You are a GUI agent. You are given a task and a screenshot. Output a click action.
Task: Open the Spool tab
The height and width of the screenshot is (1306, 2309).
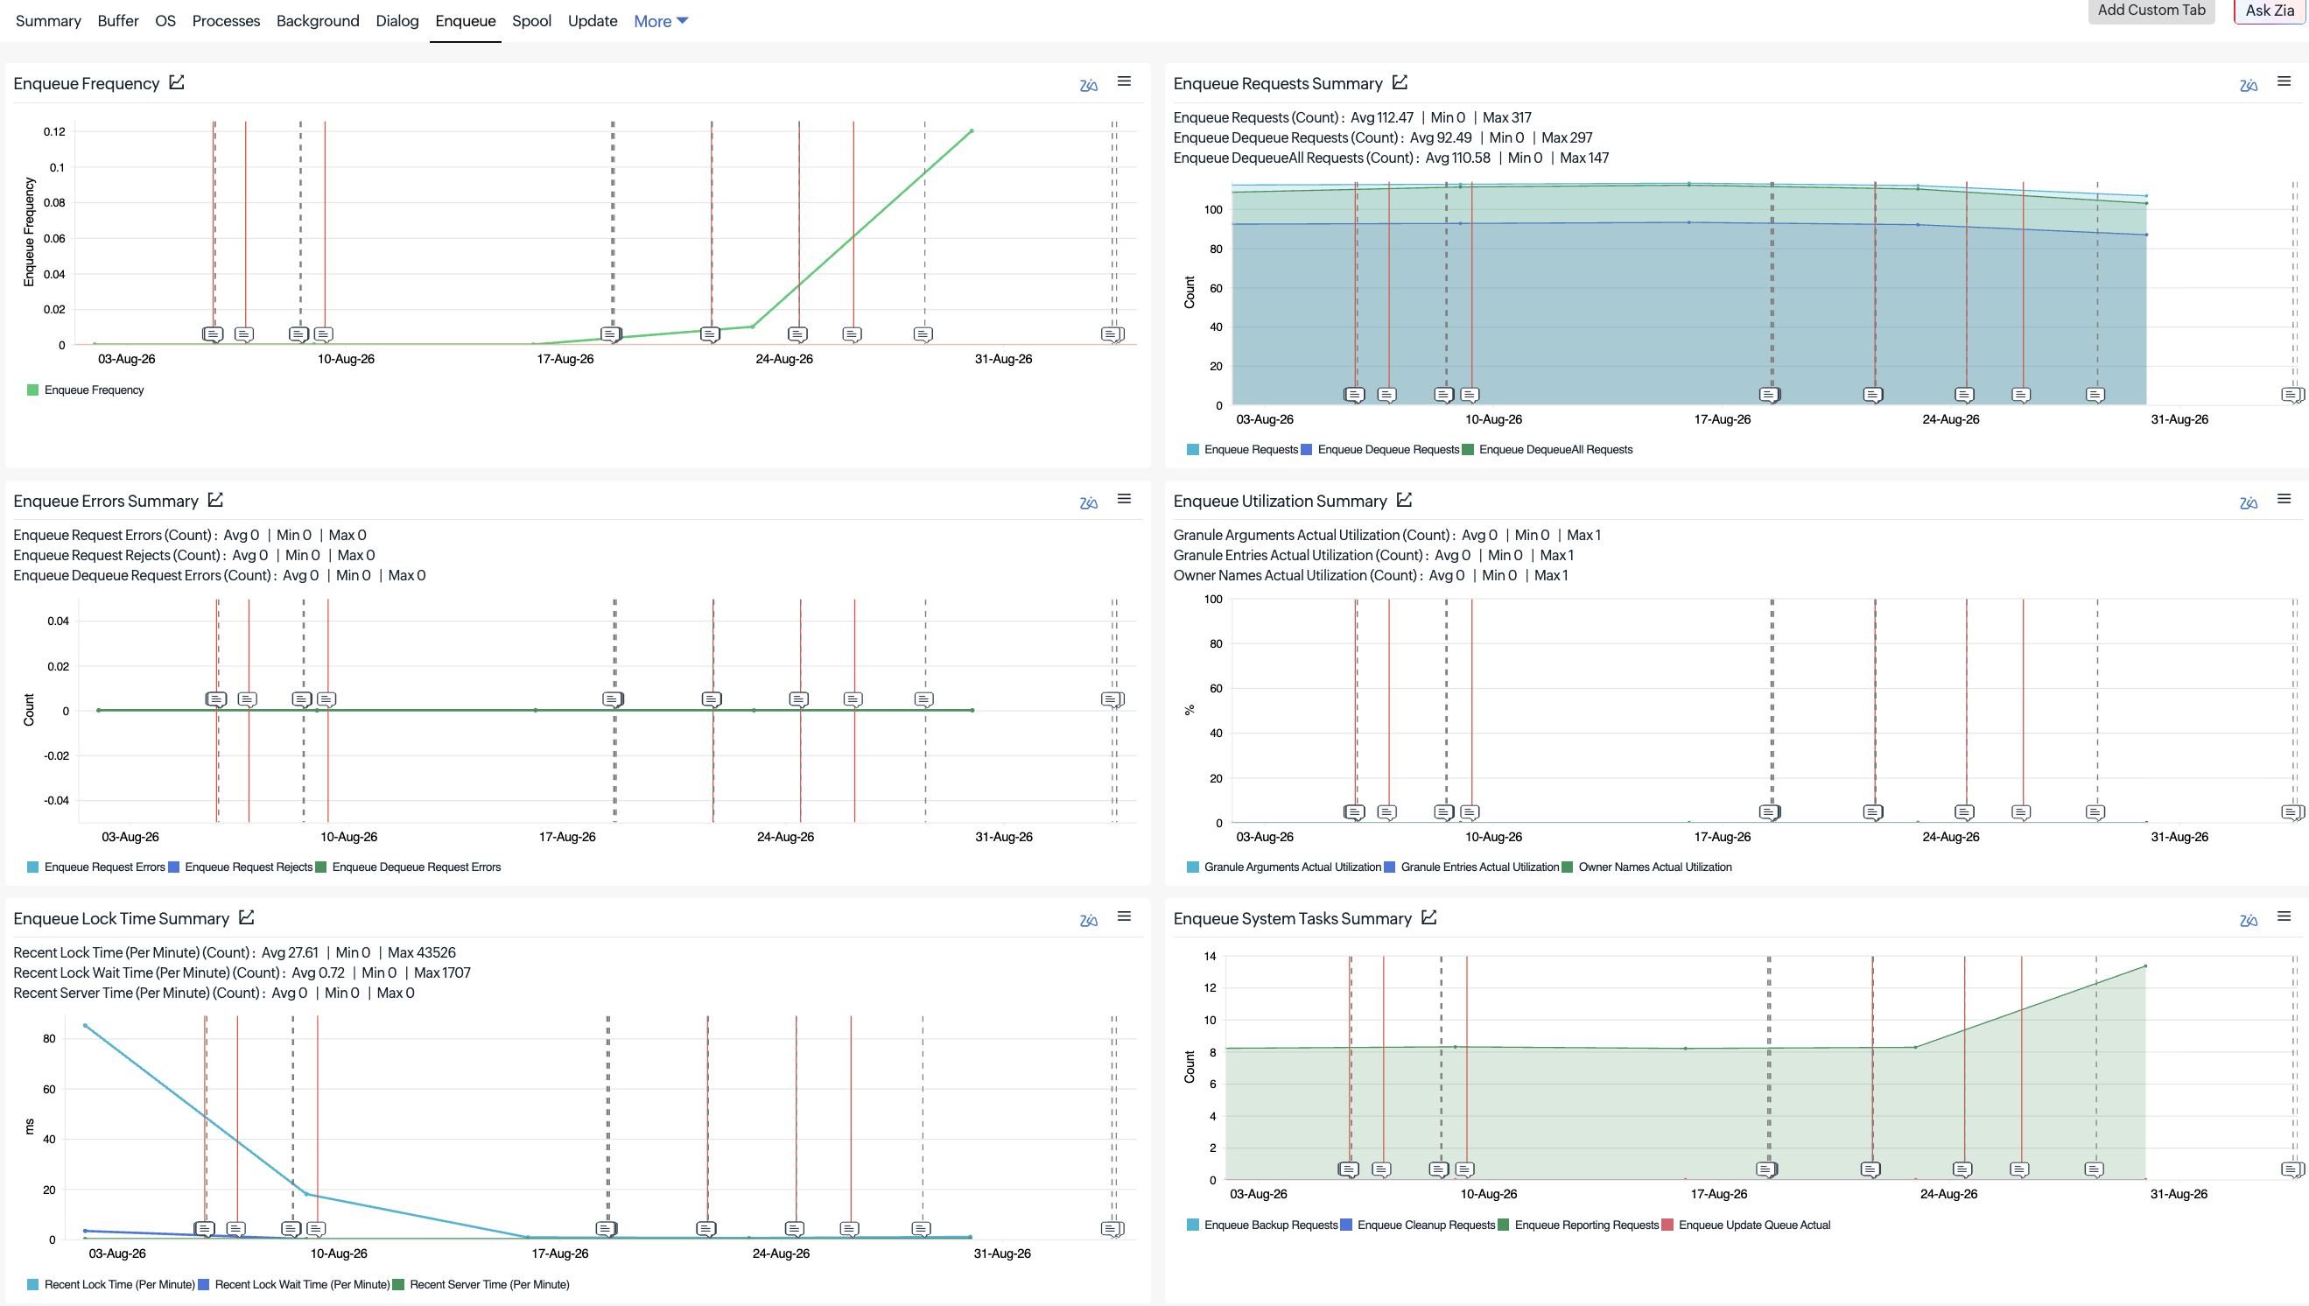[x=530, y=21]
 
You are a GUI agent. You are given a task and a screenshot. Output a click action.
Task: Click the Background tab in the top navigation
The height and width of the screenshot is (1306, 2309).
[x=318, y=21]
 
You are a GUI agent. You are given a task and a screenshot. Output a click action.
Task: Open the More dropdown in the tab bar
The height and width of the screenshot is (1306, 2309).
[x=661, y=21]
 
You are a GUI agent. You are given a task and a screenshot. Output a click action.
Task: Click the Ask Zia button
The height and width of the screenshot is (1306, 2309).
[x=2270, y=11]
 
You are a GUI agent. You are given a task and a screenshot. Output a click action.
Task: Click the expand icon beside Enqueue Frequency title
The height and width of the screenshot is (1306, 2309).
[x=177, y=82]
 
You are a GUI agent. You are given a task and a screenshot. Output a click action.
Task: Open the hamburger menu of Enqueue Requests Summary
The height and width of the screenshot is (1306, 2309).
[x=2284, y=81]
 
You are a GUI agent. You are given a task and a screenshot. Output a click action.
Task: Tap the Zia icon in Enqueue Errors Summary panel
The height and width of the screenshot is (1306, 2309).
[x=1089, y=502]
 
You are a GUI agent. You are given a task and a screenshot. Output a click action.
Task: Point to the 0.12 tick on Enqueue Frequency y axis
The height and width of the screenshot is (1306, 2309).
[x=54, y=132]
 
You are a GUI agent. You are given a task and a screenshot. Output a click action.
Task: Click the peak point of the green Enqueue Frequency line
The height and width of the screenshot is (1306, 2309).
[x=972, y=131]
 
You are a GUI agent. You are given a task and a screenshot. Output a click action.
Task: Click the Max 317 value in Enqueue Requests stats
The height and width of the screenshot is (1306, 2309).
[x=1506, y=117]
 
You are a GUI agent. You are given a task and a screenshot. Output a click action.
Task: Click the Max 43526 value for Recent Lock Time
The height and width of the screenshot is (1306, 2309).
[x=421, y=952]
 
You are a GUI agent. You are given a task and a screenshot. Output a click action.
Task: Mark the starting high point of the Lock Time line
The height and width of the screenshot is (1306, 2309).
[x=85, y=1025]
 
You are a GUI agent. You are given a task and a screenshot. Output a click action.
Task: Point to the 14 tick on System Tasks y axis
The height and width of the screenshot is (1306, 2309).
[x=1210, y=956]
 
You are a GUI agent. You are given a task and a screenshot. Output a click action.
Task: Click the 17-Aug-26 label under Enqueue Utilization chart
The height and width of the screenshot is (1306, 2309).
[x=1722, y=837]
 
